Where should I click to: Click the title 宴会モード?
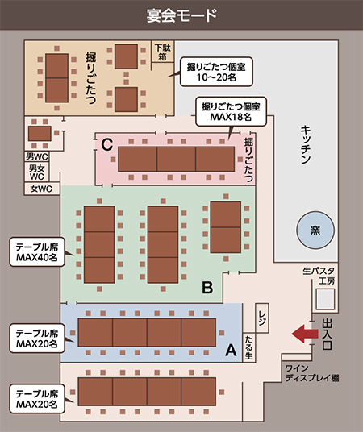pyautogui.click(x=181, y=15)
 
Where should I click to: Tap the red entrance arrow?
pyautogui.click(x=305, y=334)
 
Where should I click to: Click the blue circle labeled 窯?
pyautogui.click(x=315, y=230)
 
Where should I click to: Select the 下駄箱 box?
pyautogui.click(x=163, y=52)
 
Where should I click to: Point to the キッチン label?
pyautogui.click(x=306, y=144)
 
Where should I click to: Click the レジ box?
pyautogui.click(x=262, y=318)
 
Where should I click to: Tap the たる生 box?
pyautogui.click(x=248, y=347)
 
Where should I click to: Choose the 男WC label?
pyautogui.click(x=36, y=156)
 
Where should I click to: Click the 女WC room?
pyautogui.click(x=42, y=189)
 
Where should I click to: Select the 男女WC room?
pyautogui.click(x=36, y=172)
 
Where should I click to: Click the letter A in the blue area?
pyautogui.click(x=231, y=351)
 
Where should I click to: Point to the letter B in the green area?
pyautogui.click(x=207, y=288)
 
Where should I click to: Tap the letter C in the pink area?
pyautogui.click(x=107, y=144)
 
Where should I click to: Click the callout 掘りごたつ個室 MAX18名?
pyautogui.click(x=231, y=111)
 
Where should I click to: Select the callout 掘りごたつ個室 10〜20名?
pyautogui.click(x=216, y=72)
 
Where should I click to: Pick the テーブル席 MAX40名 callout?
pyautogui.click(x=37, y=251)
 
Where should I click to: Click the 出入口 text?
pyautogui.click(x=327, y=334)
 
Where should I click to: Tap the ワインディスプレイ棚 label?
pyautogui.click(x=312, y=373)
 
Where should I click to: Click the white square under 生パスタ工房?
pyautogui.click(x=325, y=299)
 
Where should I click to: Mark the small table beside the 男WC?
pyautogui.click(x=40, y=133)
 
